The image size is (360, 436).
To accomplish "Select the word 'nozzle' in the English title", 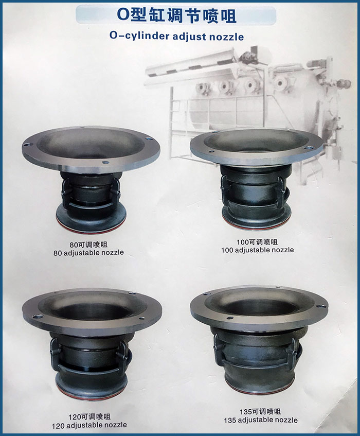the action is [x=226, y=37].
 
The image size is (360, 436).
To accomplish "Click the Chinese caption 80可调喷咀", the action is [x=88, y=245].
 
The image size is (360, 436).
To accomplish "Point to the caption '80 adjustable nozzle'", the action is [x=88, y=253].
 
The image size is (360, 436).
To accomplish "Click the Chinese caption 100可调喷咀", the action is [x=257, y=242].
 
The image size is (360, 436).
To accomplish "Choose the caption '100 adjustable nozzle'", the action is [x=258, y=250].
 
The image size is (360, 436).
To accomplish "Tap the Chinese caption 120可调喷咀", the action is [x=89, y=416].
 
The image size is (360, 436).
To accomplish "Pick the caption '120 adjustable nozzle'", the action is [x=89, y=425].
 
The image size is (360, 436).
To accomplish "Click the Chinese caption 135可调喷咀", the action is [x=260, y=411].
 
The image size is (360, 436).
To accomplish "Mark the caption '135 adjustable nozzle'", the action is [x=261, y=420].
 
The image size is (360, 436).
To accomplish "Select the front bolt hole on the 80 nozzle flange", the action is [x=104, y=162].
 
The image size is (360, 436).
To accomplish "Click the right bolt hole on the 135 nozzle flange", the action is [x=321, y=306].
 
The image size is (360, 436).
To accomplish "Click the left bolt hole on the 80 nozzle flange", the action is [x=27, y=144].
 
